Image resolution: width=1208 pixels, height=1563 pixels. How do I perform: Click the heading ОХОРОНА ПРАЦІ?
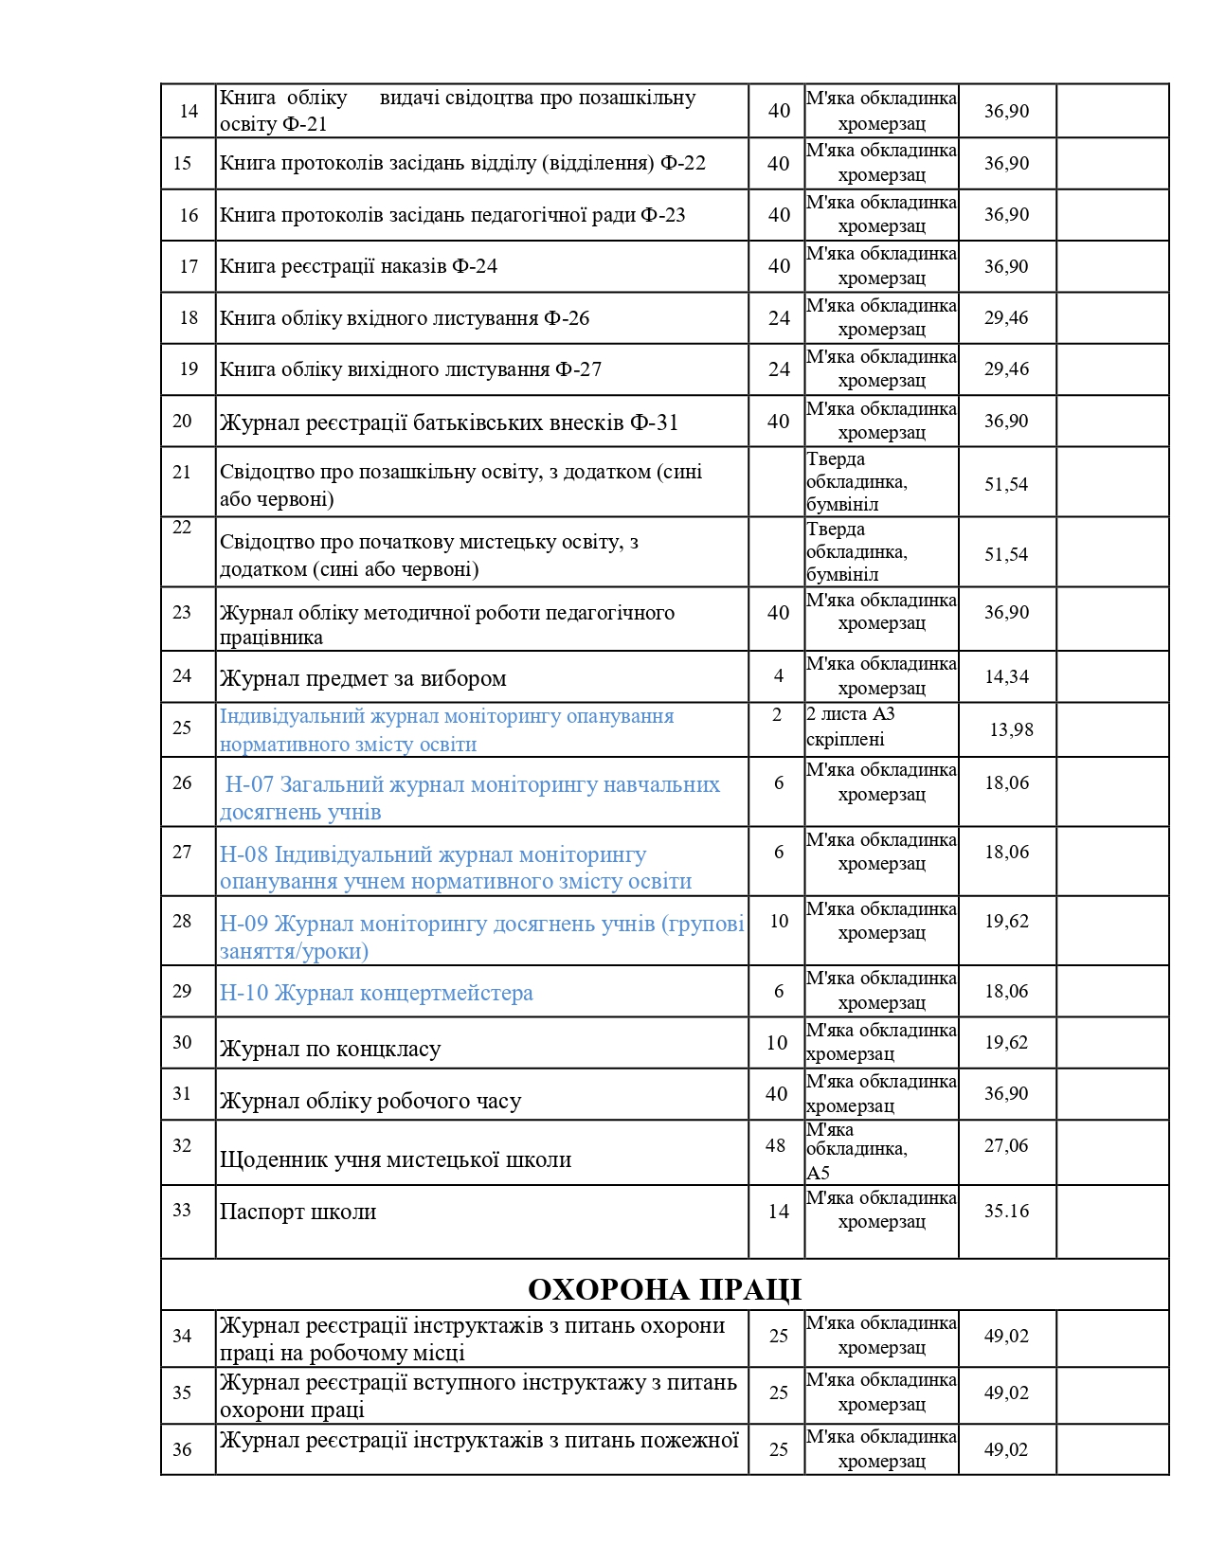coord(664,1289)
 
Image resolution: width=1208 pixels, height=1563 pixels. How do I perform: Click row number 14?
coord(189,111)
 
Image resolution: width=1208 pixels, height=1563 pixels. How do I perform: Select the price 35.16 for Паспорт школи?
coord(1006,1211)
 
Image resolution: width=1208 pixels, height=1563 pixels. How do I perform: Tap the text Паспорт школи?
coord(297,1212)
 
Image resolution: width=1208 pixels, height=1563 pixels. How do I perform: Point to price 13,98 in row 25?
coord(1011,729)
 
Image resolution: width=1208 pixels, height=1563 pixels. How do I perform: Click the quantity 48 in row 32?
coord(775,1145)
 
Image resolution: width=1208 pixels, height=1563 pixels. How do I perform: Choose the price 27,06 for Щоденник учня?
coord(1006,1145)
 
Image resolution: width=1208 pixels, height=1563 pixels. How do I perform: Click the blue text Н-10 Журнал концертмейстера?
coord(376,993)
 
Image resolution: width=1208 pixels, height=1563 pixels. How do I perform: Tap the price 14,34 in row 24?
coord(1006,676)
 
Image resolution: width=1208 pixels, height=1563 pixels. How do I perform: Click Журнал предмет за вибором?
coord(363,678)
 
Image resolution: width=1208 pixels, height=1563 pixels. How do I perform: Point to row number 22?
coord(182,528)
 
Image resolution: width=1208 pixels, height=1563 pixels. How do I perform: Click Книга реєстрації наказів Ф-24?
coord(358,266)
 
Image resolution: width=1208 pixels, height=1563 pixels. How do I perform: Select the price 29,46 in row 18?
coord(1006,317)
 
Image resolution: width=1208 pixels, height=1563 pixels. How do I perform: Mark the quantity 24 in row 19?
coord(779,369)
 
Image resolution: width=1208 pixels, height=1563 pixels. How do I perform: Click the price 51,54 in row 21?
coord(1006,484)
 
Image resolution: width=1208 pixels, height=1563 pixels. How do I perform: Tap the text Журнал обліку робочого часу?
coord(370,1101)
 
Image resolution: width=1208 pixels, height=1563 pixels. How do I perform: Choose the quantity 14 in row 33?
coord(779,1212)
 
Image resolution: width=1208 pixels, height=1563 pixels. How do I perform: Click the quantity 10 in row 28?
coord(779,921)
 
